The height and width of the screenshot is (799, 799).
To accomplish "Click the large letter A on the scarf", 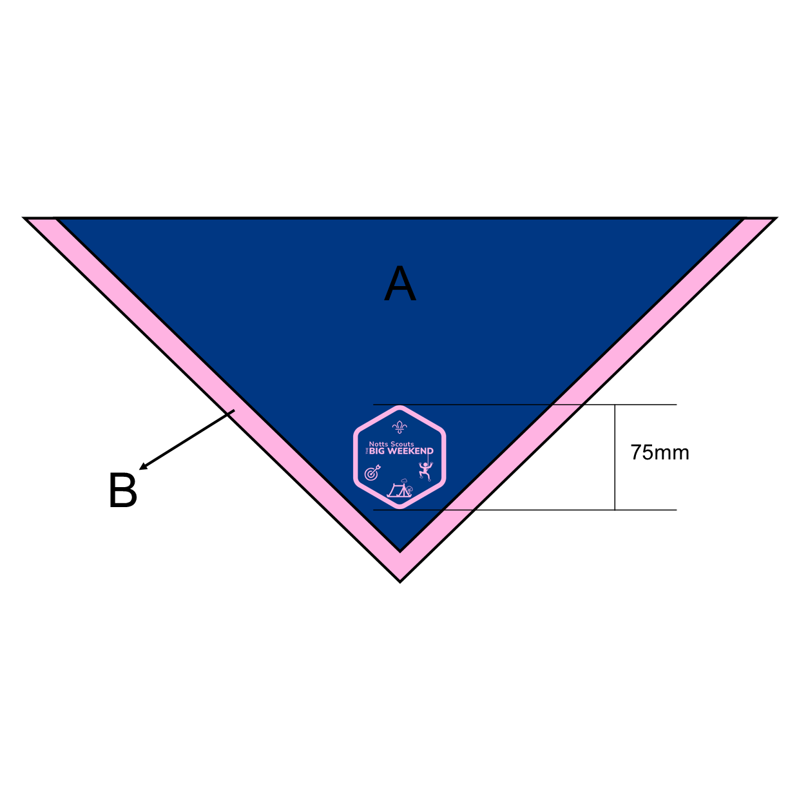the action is (400, 283).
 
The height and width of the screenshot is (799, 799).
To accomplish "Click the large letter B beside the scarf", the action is (122, 490).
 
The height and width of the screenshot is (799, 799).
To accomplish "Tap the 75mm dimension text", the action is (660, 452).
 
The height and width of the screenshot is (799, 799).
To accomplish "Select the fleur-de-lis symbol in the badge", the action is (400, 427).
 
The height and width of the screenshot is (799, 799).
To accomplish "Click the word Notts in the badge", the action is (379, 444).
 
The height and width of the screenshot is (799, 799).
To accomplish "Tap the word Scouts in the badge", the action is (402, 444).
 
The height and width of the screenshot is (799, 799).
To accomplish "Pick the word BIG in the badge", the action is (377, 451).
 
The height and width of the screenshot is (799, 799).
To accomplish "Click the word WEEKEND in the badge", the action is (410, 451).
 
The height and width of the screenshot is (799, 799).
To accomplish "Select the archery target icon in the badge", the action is (372, 473).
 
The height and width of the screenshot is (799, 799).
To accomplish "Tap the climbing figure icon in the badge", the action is (425, 470).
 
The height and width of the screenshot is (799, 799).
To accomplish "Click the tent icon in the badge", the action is (397, 490).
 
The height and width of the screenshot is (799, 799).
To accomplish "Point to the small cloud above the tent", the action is (404, 481).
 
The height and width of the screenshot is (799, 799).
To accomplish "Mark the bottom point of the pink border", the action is (400, 581).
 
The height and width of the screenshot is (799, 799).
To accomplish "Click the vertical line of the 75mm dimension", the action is (615, 457).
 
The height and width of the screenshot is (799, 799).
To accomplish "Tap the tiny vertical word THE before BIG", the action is (367, 451).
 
